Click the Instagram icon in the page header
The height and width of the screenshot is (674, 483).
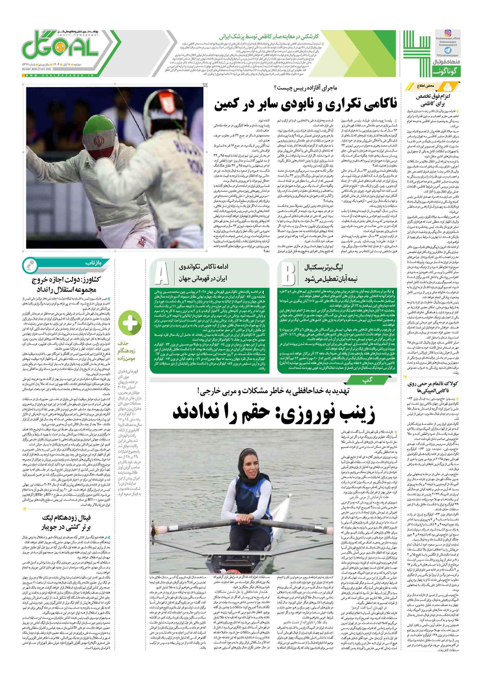point(448,33)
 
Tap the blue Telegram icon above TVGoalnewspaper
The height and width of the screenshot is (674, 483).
point(448,51)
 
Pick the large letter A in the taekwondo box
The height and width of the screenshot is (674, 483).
point(162,273)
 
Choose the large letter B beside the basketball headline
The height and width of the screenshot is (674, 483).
point(288,273)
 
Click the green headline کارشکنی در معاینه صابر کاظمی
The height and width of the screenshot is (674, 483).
point(269,37)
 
